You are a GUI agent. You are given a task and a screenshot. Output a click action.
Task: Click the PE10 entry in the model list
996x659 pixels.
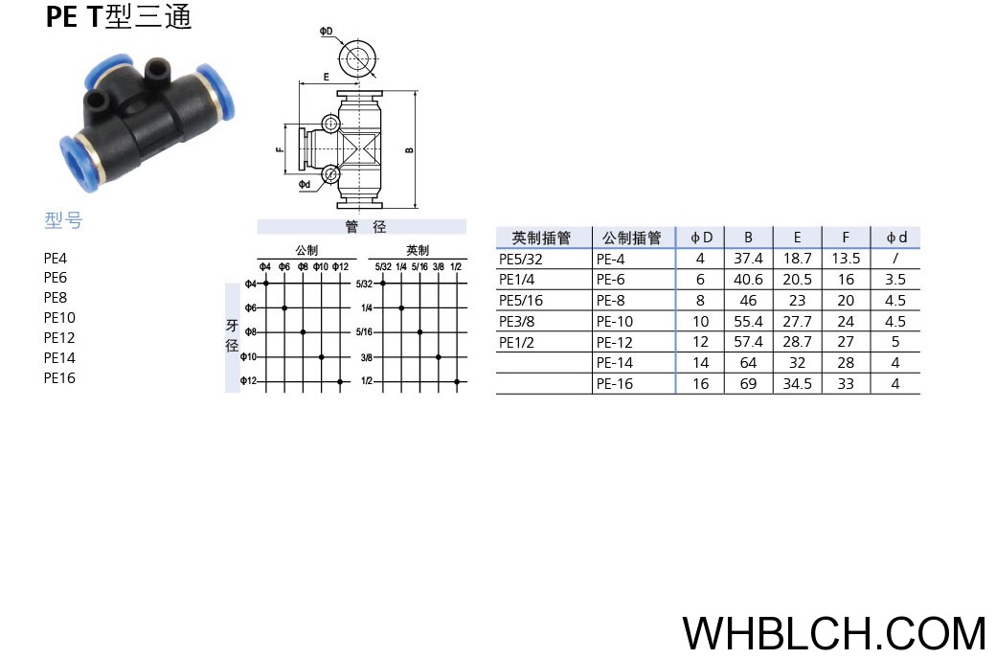click(59, 318)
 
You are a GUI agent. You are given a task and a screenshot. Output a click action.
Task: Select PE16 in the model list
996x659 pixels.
click(59, 378)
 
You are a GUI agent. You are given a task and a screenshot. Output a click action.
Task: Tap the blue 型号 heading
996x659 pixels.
click(63, 220)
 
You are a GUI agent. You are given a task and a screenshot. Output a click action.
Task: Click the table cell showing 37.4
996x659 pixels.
click(748, 259)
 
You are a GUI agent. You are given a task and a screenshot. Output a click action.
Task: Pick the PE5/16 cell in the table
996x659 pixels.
click(521, 301)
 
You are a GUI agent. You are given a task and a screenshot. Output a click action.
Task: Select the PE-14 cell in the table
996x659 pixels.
click(614, 363)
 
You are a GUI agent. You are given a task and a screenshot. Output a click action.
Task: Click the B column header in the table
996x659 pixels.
click(748, 238)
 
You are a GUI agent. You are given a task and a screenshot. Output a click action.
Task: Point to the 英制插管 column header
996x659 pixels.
click(542, 238)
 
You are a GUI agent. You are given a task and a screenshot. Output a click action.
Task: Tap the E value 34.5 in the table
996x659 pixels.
click(797, 384)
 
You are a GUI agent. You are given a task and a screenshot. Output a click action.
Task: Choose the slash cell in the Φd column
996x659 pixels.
click(895, 259)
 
